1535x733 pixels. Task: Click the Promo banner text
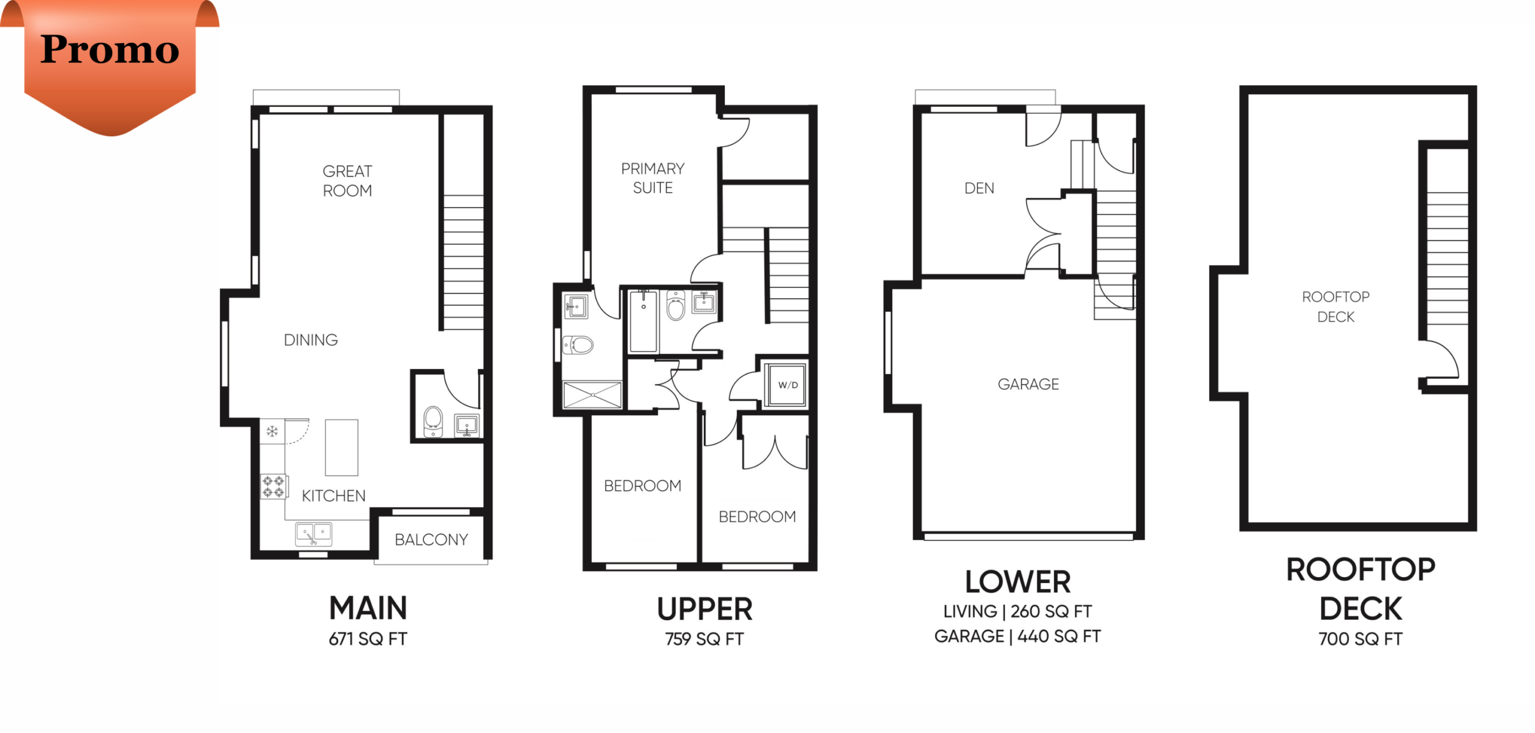pyautogui.click(x=110, y=49)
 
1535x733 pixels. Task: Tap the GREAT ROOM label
pyautogui.click(x=347, y=181)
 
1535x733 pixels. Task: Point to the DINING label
pyautogui.click(x=311, y=340)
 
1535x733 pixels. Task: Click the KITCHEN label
pyautogui.click(x=333, y=496)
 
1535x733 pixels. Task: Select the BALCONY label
pyautogui.click(x=431, y=540)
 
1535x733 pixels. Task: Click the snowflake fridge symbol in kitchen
pyautogui.click(x=272, y=431)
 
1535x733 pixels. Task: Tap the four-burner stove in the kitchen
pyautogui.click(x=274, y=486)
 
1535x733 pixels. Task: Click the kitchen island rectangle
pyautogui.click(x=342, y=447)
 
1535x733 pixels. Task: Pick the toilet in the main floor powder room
pyautogui.click(x=433, y=422)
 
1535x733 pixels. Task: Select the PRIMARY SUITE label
pyautogui.click(x=652, y=178)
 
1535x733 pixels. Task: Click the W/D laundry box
pyautogui.click(x=787, y=384)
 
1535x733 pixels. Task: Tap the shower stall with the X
pyautogui.click(x=592, y=395)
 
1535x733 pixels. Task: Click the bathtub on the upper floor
pyautogui.click(x=643, y=322)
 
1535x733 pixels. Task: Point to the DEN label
pyautogui.click(x=979, y=188)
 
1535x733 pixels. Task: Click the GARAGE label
pyautogui.click(x=1028, y=384)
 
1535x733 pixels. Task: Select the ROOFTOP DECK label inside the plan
pyautogui.click(x=1336, y=307)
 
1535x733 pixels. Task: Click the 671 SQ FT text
pyautogui.click(x=368, y=639)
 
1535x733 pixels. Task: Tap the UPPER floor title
pyautogui.click(x=705, y=609)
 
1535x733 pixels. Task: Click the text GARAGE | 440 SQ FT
pyautogui.click(x=1018, y=636)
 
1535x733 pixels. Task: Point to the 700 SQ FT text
pyautogui.click(x=1360, y=639)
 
